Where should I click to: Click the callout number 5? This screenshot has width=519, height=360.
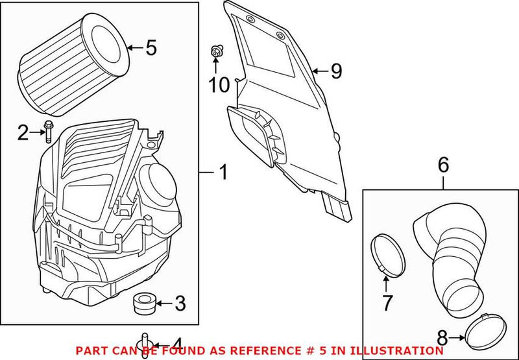(151, 48)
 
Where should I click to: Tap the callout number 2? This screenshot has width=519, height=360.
(23, 134)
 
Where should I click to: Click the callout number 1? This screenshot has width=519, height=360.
(223, 173)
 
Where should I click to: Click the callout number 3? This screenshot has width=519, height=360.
(180, 303)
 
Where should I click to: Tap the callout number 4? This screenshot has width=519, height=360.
(176, 344)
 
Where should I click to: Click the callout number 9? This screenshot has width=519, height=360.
(335, 71)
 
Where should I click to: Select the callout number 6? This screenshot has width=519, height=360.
(443, 165)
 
